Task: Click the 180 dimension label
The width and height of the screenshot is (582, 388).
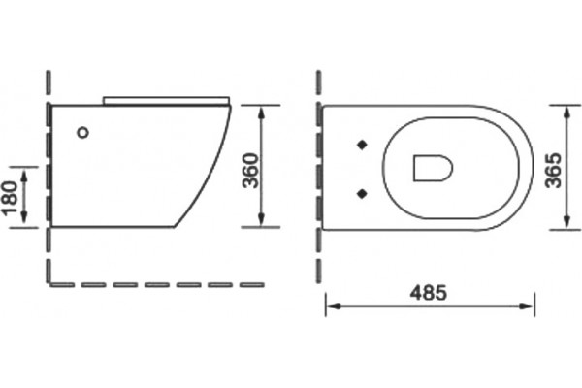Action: [10, 198]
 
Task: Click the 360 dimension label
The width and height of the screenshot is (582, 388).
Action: [250, 171]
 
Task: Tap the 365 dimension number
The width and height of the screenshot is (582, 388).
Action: [554, 171]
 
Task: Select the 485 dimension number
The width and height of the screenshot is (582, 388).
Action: [429, 293]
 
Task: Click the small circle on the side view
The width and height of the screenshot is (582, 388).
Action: [83, 132]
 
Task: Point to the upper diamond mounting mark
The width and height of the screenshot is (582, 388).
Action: [362, 145]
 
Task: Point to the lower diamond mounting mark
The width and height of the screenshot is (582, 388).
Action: [362, 193]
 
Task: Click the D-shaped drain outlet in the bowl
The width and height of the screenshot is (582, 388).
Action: [433, 168]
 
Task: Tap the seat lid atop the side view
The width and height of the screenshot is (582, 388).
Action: [166, 100]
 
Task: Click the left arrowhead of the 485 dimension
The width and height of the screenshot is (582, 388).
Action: [333, 307]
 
